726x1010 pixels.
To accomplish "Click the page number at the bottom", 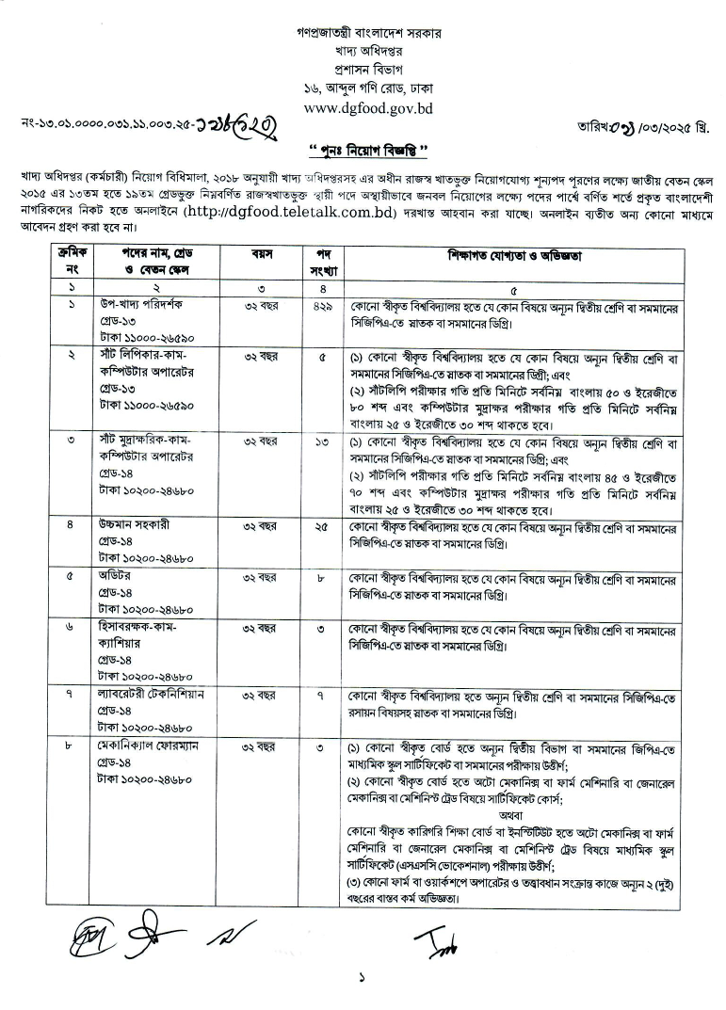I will pos(362,977).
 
